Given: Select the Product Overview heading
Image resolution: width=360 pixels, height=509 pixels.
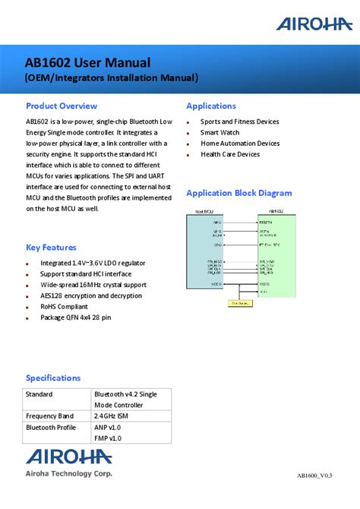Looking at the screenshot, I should click(62, 106).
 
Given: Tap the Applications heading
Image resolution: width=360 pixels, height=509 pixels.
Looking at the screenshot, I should click(211, 106).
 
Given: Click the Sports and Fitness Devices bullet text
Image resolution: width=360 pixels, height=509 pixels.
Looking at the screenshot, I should click(239, 122).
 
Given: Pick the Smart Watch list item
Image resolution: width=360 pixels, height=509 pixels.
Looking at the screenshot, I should click(219, 132).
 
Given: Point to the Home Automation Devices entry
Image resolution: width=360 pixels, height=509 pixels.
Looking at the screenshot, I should click(240, 144).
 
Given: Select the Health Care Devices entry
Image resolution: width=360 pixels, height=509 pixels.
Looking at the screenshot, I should click(230, 154).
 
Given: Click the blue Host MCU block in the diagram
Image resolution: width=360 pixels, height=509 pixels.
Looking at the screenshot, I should click(210, 251).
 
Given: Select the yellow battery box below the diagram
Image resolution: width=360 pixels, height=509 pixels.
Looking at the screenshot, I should click(242, 302).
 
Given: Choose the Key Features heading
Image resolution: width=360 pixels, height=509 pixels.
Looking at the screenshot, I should click(51, 247).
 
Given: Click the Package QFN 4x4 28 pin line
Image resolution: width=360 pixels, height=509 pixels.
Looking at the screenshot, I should click(75, 318).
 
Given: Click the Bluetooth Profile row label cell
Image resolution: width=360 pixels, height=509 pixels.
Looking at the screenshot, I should click(51, 427).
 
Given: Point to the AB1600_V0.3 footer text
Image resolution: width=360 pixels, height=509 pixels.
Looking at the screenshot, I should click(319, 476).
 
